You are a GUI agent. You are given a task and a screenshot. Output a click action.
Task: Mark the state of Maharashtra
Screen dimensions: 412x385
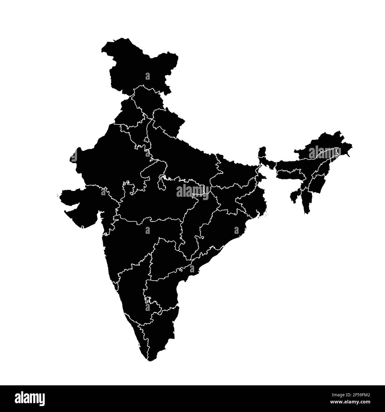[136, 237]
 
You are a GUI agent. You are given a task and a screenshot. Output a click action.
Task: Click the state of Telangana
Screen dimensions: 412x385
[166, 255]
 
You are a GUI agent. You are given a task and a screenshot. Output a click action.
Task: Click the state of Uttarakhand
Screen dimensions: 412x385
[167, 122]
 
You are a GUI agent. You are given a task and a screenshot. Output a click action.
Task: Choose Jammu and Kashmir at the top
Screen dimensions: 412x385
[139, 65]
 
